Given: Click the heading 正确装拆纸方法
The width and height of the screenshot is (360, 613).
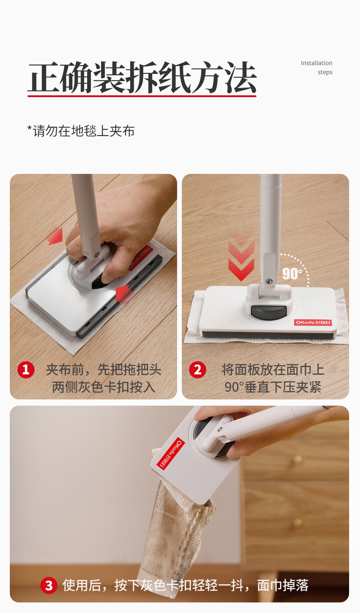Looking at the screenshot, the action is click(142, 77).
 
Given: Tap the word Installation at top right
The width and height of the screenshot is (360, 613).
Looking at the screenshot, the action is click(316, 63).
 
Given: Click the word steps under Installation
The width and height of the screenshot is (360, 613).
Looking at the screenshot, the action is click(325, 72).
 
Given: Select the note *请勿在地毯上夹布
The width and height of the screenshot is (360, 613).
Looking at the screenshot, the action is click(81, 131).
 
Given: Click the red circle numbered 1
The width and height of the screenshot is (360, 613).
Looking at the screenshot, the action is click(26, 370).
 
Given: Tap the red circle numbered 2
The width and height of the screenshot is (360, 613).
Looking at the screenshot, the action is click(197, 370).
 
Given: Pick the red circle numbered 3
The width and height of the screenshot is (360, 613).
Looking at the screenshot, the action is click(49, 586).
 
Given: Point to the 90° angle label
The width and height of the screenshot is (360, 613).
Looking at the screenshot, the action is click(292, 274).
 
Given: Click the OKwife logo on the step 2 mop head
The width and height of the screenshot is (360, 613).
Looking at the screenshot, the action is click(313, 322).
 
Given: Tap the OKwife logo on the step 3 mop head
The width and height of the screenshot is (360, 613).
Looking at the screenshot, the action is click(171, 453).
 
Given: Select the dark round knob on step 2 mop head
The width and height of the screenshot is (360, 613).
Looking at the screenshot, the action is click(269, 313).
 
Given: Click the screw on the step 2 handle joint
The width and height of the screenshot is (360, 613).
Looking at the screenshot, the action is click(269, 281).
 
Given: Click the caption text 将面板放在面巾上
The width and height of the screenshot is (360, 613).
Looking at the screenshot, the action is click(273, 370).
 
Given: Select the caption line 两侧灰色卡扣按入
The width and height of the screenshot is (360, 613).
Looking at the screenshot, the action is click(104, 387).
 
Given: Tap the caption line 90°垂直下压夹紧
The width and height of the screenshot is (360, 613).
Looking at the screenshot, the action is click(273, 387).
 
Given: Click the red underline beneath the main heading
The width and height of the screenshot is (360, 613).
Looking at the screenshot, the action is click(142, 96).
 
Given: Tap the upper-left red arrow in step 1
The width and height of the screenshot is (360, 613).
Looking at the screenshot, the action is click(55, 236).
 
